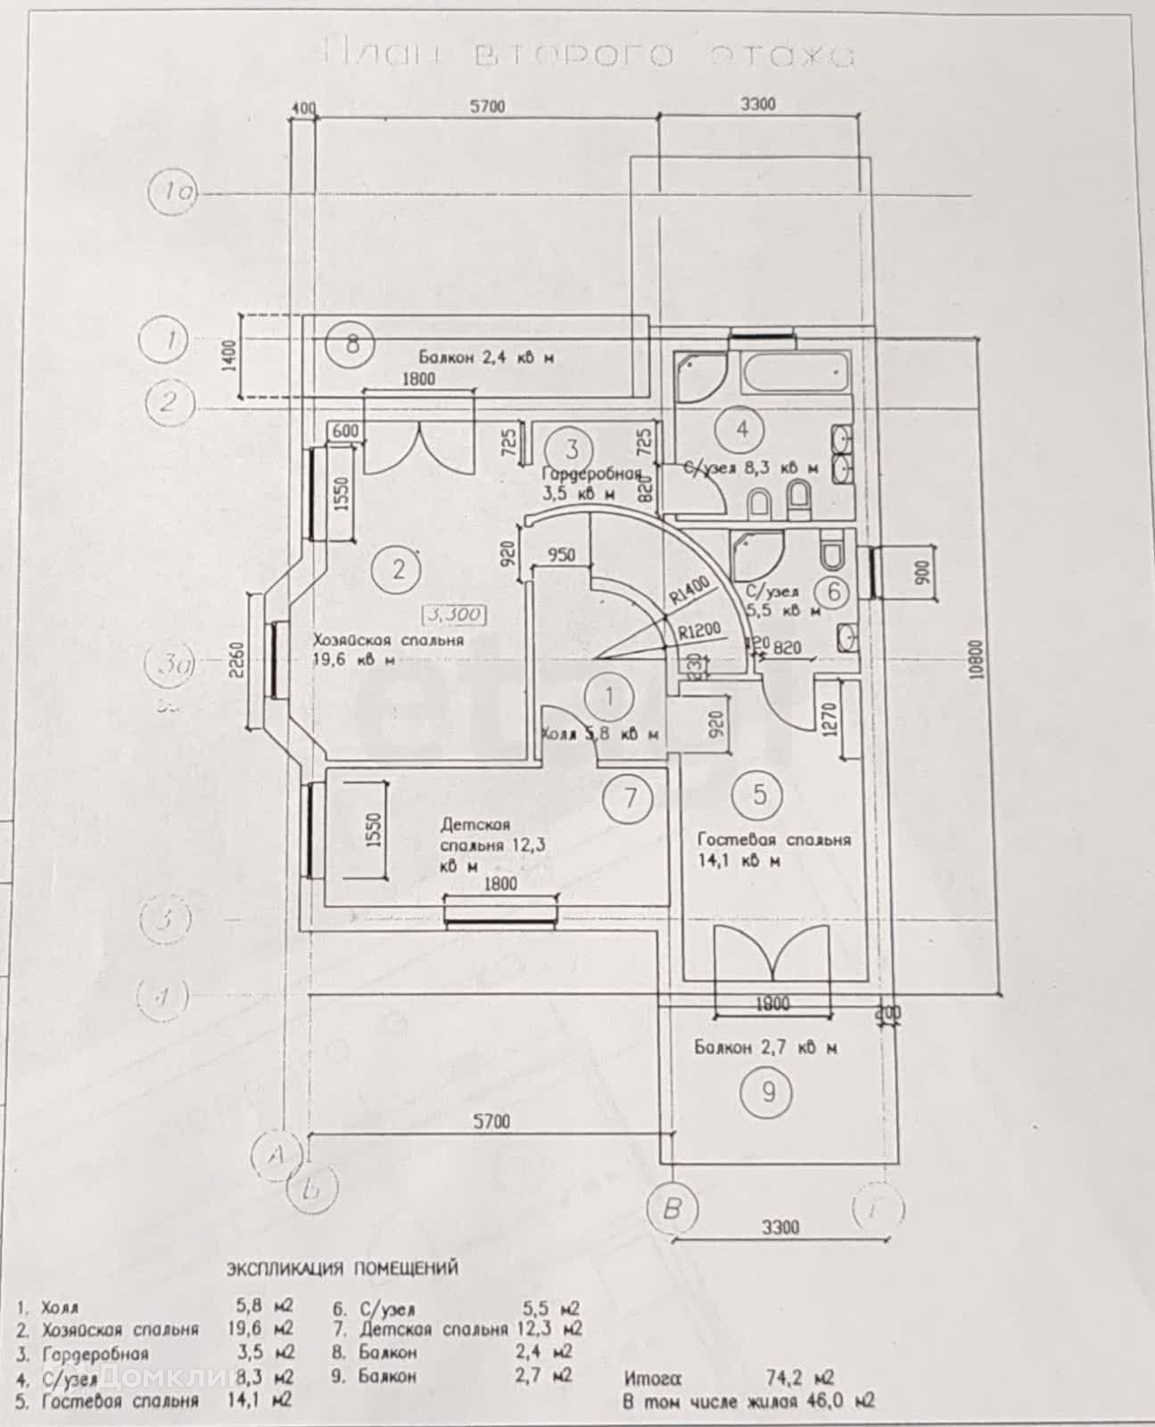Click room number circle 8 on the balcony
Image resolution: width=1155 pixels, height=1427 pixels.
(x=352, y=343)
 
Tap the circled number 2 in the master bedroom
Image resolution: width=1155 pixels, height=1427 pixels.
(x=399, y=567)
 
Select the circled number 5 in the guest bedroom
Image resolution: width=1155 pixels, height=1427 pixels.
(x=760, y=793)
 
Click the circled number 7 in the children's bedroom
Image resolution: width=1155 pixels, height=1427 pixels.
(x=631, y=796)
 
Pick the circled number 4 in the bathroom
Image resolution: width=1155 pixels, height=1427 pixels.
(x=742, y=429)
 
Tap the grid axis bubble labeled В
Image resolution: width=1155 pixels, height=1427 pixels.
(x=672, y=1209)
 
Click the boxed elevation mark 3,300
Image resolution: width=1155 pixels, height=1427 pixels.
(x=454, y=615)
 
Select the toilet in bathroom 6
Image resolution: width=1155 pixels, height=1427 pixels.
(x=834, y=552)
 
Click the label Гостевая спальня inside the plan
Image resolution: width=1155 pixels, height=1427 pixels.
(x=773, y=839)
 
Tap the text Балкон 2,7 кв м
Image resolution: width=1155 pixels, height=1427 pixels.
(x=765, y=1048)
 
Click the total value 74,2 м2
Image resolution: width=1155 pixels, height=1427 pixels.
(x=800, y=1377)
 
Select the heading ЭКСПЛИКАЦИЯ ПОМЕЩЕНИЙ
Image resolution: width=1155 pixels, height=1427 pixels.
(x=342, y=1267)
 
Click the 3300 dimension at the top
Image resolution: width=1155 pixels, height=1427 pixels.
(x=758, y=104)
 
